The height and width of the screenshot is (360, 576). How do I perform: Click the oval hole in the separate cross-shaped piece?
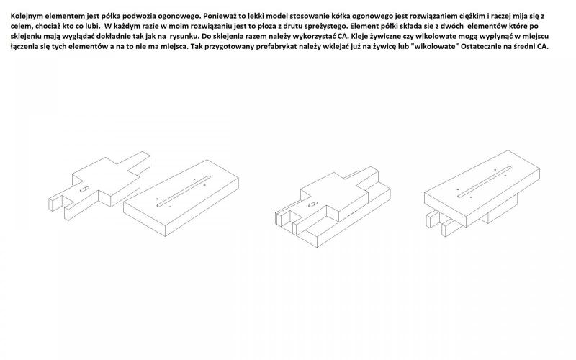(84, 189)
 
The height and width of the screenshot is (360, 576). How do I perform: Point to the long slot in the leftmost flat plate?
(184, 191)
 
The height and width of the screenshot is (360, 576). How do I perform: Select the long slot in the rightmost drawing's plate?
(485, 182)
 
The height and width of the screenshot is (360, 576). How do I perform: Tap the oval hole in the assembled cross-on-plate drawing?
(313, 204)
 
